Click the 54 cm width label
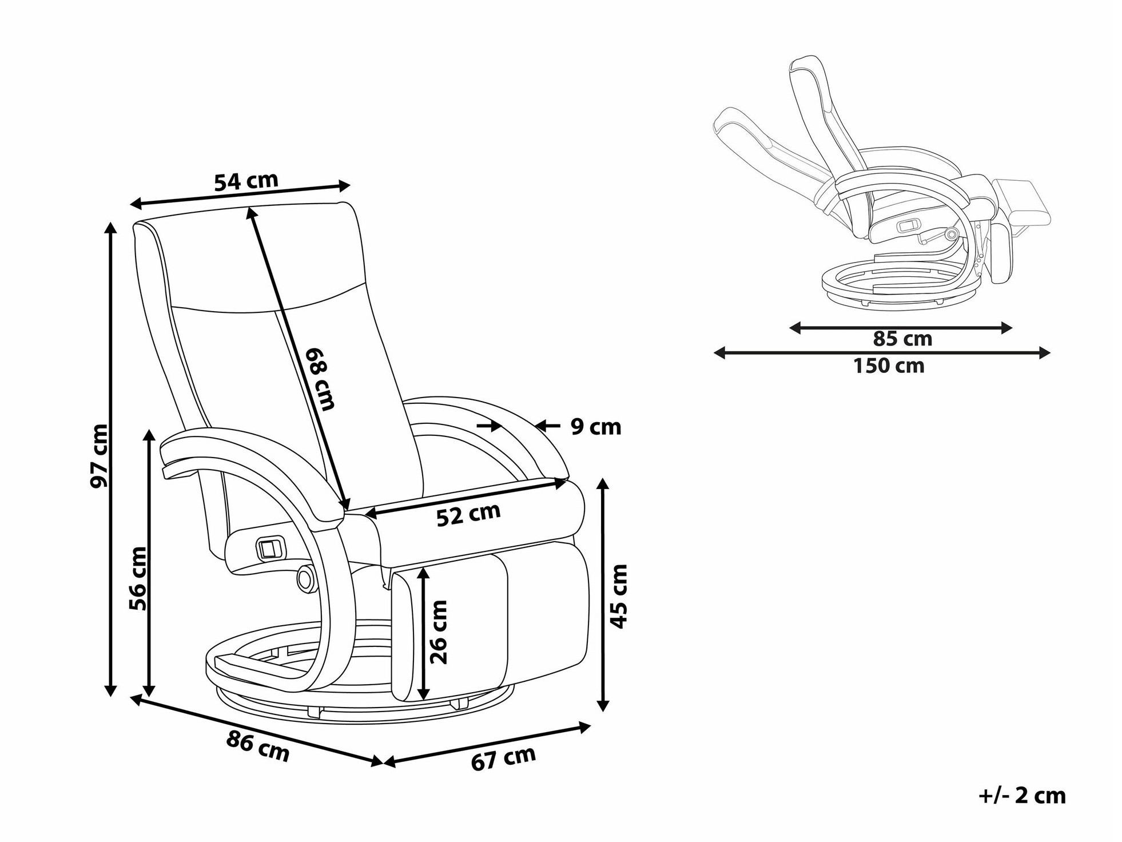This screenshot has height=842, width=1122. [x=246, y=181]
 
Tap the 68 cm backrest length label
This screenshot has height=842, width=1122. [x=319, y=379]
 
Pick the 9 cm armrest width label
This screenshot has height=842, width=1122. [x=595, y=427]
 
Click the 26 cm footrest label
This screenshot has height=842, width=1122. [x=439, y=631]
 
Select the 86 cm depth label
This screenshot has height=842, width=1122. [x=258, y=746]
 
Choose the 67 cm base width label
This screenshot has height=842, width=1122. [x=503, y=758]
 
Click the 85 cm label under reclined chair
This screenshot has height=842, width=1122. [x=902, y=339]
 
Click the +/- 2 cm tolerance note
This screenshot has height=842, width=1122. [x=1022, y=796]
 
